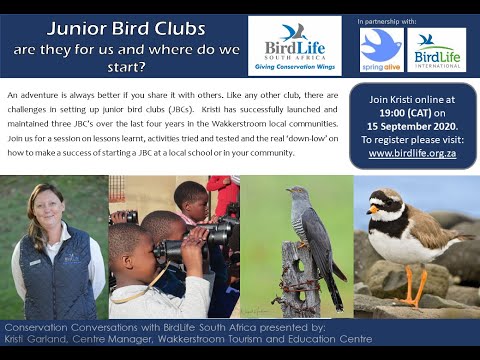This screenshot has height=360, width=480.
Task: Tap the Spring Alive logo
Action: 381,50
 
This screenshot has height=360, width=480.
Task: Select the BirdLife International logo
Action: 436,50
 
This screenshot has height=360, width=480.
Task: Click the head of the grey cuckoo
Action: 297,194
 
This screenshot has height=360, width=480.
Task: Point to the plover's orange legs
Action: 411,289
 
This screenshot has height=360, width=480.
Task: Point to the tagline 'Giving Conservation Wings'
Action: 294,69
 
